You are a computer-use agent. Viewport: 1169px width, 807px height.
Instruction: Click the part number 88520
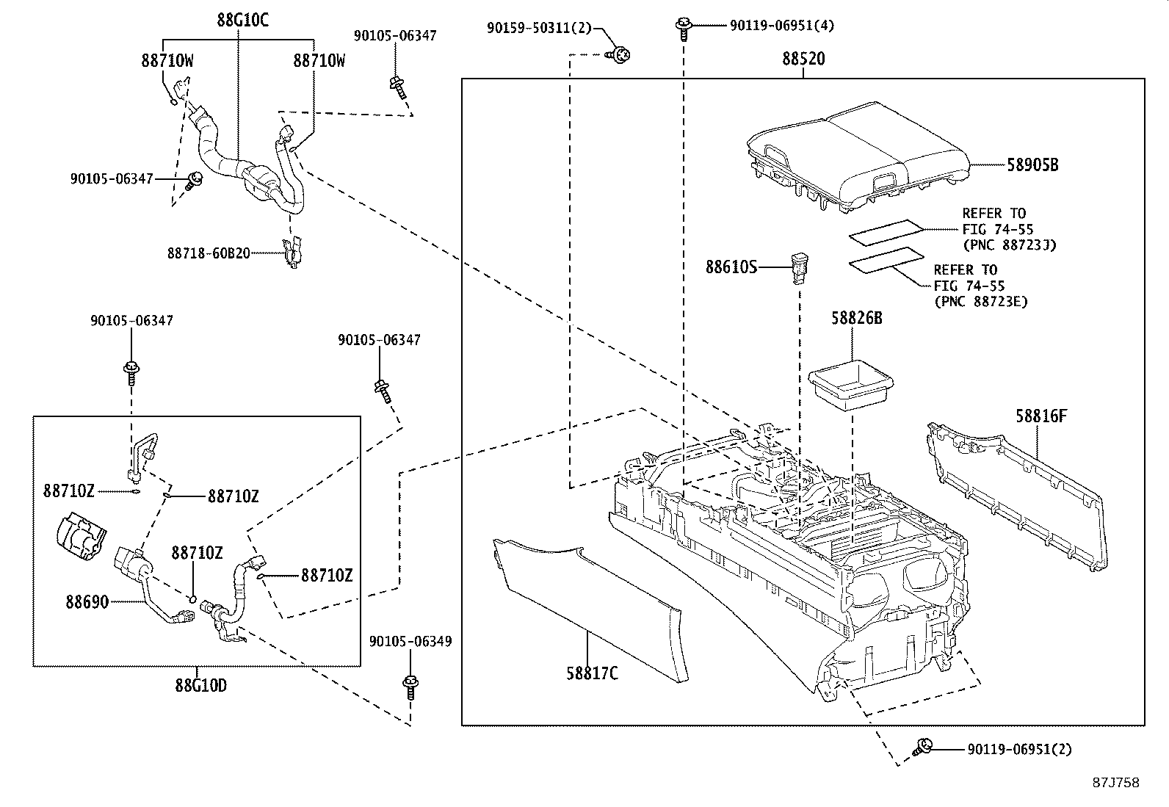pyautogui.click(x=803, y=59)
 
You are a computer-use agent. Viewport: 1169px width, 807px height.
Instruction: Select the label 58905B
pyautogui.click(x=1032, y=165)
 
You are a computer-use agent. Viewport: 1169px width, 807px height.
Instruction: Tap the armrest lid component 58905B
pyautogui.click(x=855, y=154)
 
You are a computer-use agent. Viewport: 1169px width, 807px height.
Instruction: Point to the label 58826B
pyautogui.click(x=857, y=318)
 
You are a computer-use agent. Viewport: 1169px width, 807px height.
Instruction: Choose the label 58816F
pyautogui.click(x=1040, y=416)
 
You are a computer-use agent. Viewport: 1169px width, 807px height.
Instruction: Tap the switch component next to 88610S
pyautogui.click(x=799, y=267)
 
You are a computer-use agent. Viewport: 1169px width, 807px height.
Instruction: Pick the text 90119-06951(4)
pyautogui.click(x=782, y=26)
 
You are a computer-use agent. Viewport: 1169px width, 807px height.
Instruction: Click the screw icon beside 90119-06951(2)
pyautogui.click(x=921, y=748)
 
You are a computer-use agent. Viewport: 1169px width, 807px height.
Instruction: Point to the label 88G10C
pyautogui.click(x=242, y=20)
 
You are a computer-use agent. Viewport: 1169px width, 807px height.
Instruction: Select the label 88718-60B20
pyautogui.click(x=209, y=253)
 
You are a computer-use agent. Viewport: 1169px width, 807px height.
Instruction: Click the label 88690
pyautogui.click(x=87, y=602)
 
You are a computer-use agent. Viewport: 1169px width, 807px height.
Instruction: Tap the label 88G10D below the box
pyautogui.click(x=200, y=686)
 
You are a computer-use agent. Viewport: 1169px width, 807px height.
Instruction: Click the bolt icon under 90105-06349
pyautogui.click(x=410, y=688)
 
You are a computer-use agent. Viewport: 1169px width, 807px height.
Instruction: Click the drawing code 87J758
pyautogui.click(x=1115, y=783)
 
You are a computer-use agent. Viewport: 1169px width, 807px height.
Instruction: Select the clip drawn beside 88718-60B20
pyautogui.click(x=293, y=252)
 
